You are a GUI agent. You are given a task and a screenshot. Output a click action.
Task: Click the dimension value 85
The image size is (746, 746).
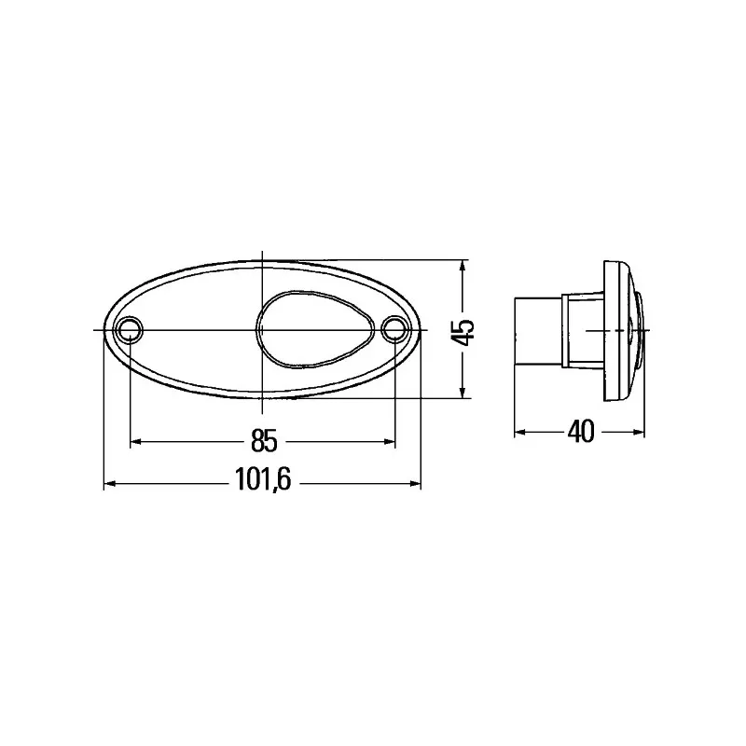262,438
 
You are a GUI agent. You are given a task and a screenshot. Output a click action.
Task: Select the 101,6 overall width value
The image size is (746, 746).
262,483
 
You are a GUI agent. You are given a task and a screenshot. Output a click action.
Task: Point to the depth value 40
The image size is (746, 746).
580,433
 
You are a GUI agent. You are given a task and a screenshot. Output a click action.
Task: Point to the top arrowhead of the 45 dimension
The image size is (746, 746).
463,265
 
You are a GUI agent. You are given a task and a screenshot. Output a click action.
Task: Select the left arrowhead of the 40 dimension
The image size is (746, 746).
521,433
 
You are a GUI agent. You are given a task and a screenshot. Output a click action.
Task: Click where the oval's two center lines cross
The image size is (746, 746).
263,329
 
